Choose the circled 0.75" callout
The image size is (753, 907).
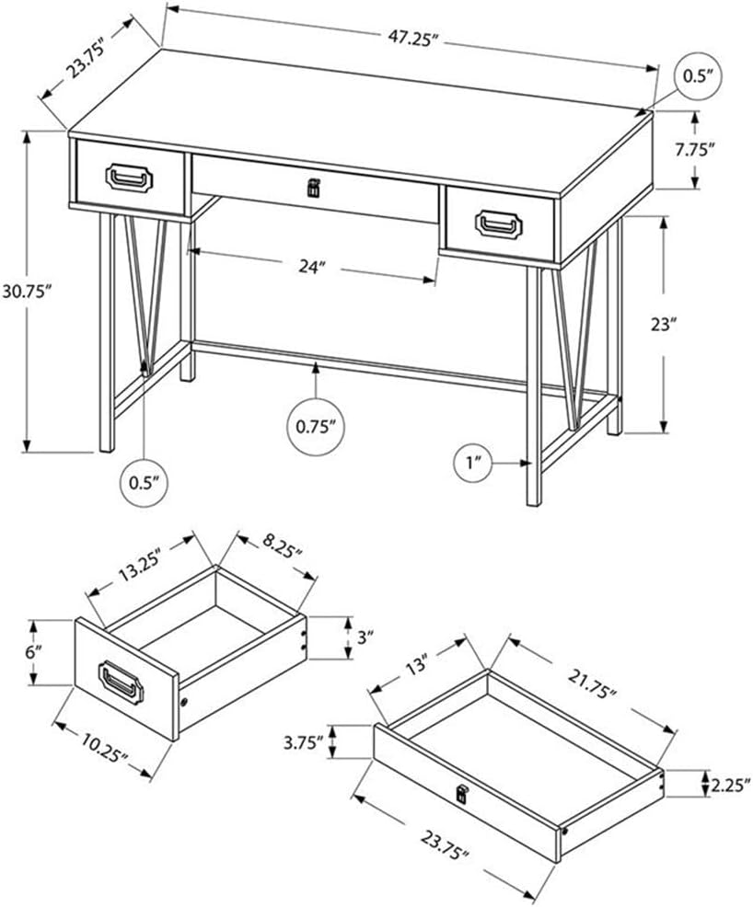(315, 425)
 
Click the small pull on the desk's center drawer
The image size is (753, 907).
(312, 189)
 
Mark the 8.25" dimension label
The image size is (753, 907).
(278, 556)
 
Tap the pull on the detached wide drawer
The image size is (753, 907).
(461, 792)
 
